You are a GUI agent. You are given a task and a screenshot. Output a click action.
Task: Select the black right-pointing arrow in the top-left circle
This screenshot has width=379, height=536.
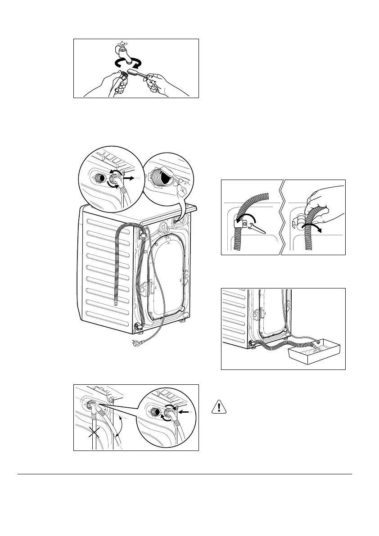point(129,179)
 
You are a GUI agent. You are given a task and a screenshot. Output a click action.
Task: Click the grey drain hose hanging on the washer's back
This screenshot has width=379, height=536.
point(118,266)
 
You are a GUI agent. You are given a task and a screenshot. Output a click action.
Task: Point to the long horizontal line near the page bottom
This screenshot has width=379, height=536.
point(185,474)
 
